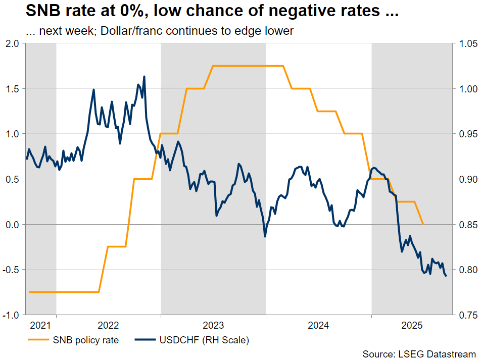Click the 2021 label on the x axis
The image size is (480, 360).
click(40, 325)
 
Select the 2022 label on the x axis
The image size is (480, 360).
click(108, 325)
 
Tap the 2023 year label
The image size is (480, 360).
click(213, 325)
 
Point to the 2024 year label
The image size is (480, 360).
click(318, 325)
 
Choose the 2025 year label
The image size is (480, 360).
click(411, 325)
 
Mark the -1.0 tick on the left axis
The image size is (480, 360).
click(11, 315)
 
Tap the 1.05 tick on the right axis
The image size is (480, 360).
click(465, 44)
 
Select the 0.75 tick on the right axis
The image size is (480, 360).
click(465, 315)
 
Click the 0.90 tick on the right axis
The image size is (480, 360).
click(465, 180)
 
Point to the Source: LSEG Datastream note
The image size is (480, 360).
click(419, 353)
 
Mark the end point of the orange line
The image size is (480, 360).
click(423, 224)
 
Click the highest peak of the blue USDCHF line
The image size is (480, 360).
click(145, 77)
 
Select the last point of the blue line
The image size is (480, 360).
click(446, 276)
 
